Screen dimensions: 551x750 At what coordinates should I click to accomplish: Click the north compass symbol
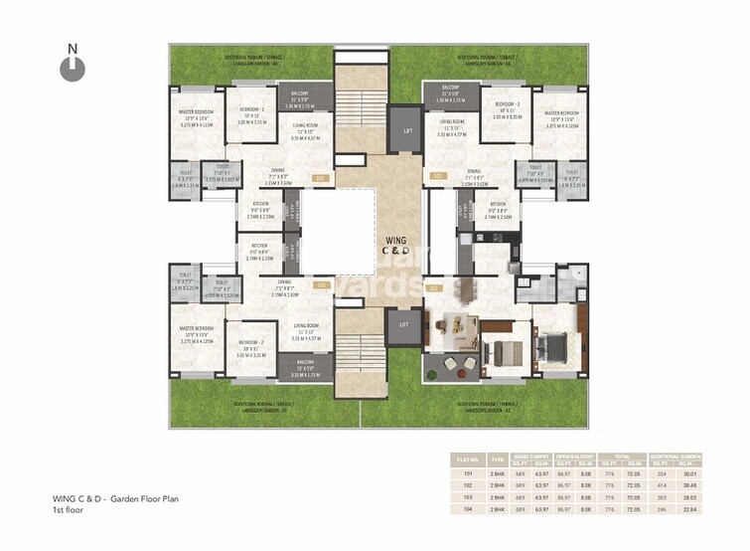point(69,67)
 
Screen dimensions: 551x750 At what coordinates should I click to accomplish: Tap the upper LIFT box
point(402,129)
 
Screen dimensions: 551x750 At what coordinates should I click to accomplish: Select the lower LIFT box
point(402,324)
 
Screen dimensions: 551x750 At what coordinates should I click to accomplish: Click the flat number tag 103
point(320,285)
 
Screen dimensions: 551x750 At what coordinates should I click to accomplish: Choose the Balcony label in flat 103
point(303,363)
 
